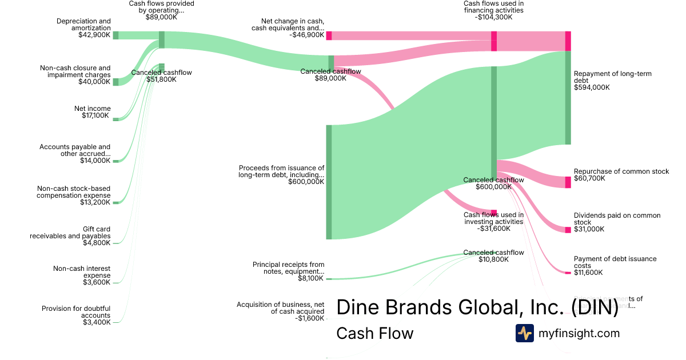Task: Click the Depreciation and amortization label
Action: [83, 25]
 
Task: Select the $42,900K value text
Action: [94, 35]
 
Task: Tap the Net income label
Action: [93, 109]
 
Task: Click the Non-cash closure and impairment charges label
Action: [75, 71]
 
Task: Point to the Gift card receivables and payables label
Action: [70, 233]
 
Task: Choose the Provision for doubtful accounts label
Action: [76, 312]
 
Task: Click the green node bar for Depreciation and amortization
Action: [115, 35]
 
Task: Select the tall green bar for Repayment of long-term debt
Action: [568, 97]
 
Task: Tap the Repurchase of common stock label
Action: [621, 171]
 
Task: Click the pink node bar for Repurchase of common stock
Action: [568, 182]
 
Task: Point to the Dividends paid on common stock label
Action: [617, 219]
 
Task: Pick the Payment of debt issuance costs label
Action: [615, 262]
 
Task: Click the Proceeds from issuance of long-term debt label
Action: [281, 171]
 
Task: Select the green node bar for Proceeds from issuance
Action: [329, 182]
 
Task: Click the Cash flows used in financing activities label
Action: [493, 10]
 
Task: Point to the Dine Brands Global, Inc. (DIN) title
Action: [477, 307]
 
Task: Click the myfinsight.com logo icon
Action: [524, 333]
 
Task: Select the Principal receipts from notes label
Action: [288, 268]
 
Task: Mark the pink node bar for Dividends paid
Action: [568, 230]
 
